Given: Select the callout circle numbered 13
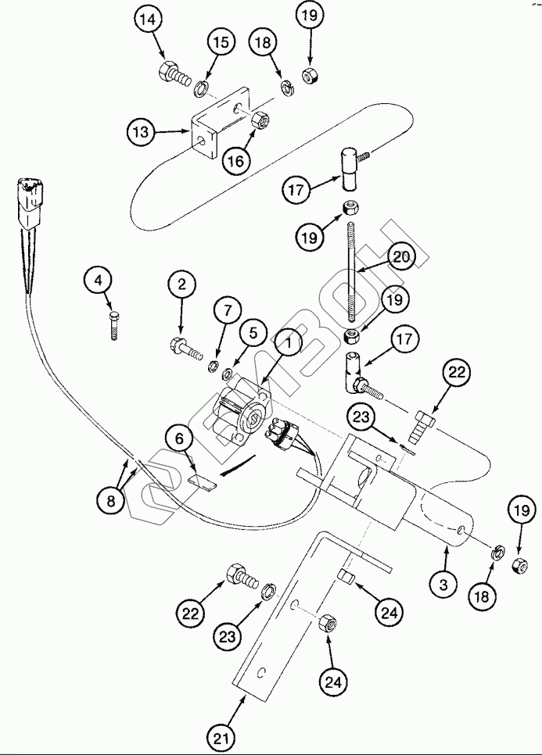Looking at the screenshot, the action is pyautogui.click(x=140, y=133).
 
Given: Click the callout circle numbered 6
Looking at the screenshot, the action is pyautogui.click(x=180, y=441).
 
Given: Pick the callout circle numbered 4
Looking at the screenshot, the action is pyautogui.click(x=99, y=280).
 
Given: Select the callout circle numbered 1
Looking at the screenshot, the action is pyautogui.click(x=289, y=342).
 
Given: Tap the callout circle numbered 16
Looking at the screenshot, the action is pyautogui.click(x=237, y=160).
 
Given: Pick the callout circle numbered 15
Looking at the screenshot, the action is pyautogui.click(x=221, y=42).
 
